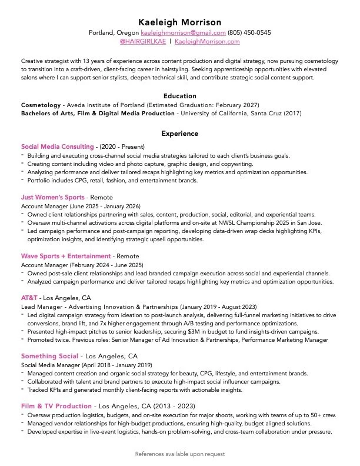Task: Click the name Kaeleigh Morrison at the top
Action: (179, 22)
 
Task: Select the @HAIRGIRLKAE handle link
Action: (142, 42)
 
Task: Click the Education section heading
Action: (179, 96)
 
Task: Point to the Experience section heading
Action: (179, 134)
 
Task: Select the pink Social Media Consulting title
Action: (57, 147)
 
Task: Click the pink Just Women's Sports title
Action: (52, 197)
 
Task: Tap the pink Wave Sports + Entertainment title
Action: (66, 256)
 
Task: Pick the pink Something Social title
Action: (49, 356)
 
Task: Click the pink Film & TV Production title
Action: (56, 406)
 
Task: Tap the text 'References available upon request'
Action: (179, 454)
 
